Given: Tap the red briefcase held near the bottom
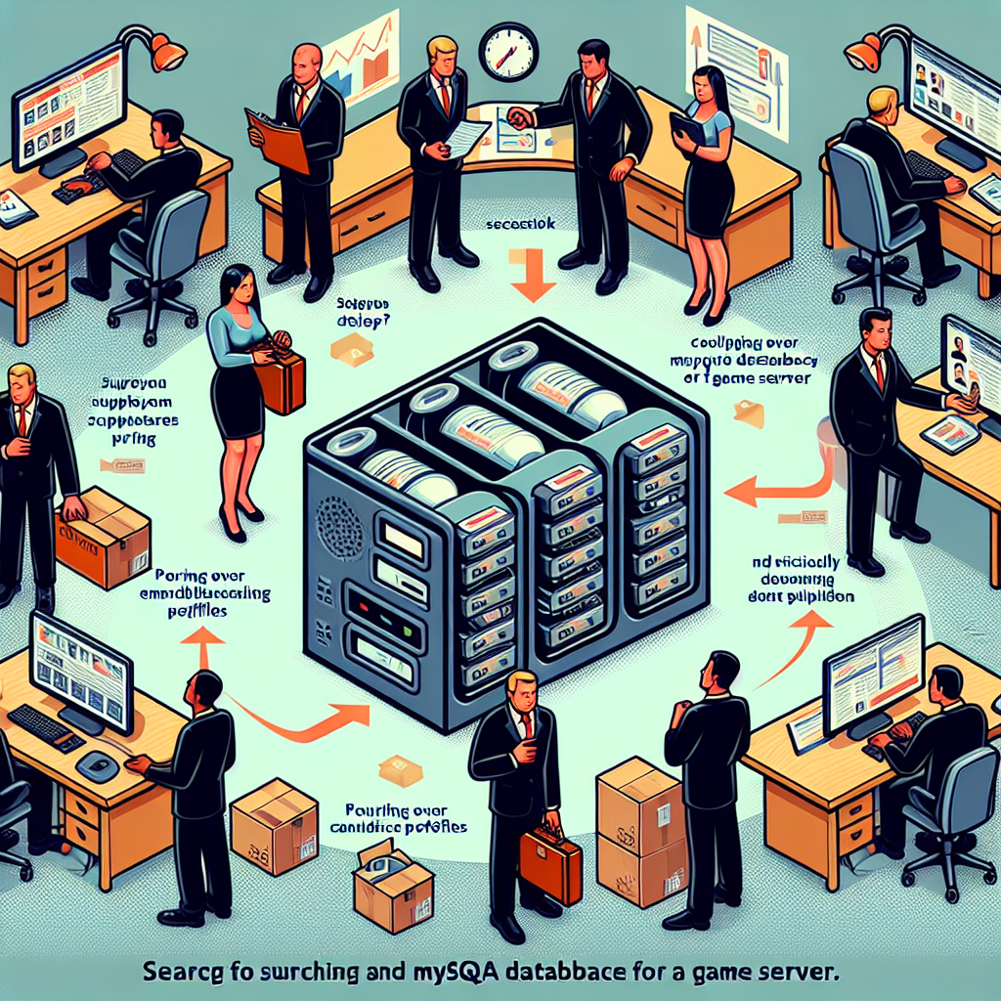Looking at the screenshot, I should (550, 862).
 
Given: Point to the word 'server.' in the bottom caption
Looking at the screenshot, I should (794, 974).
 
